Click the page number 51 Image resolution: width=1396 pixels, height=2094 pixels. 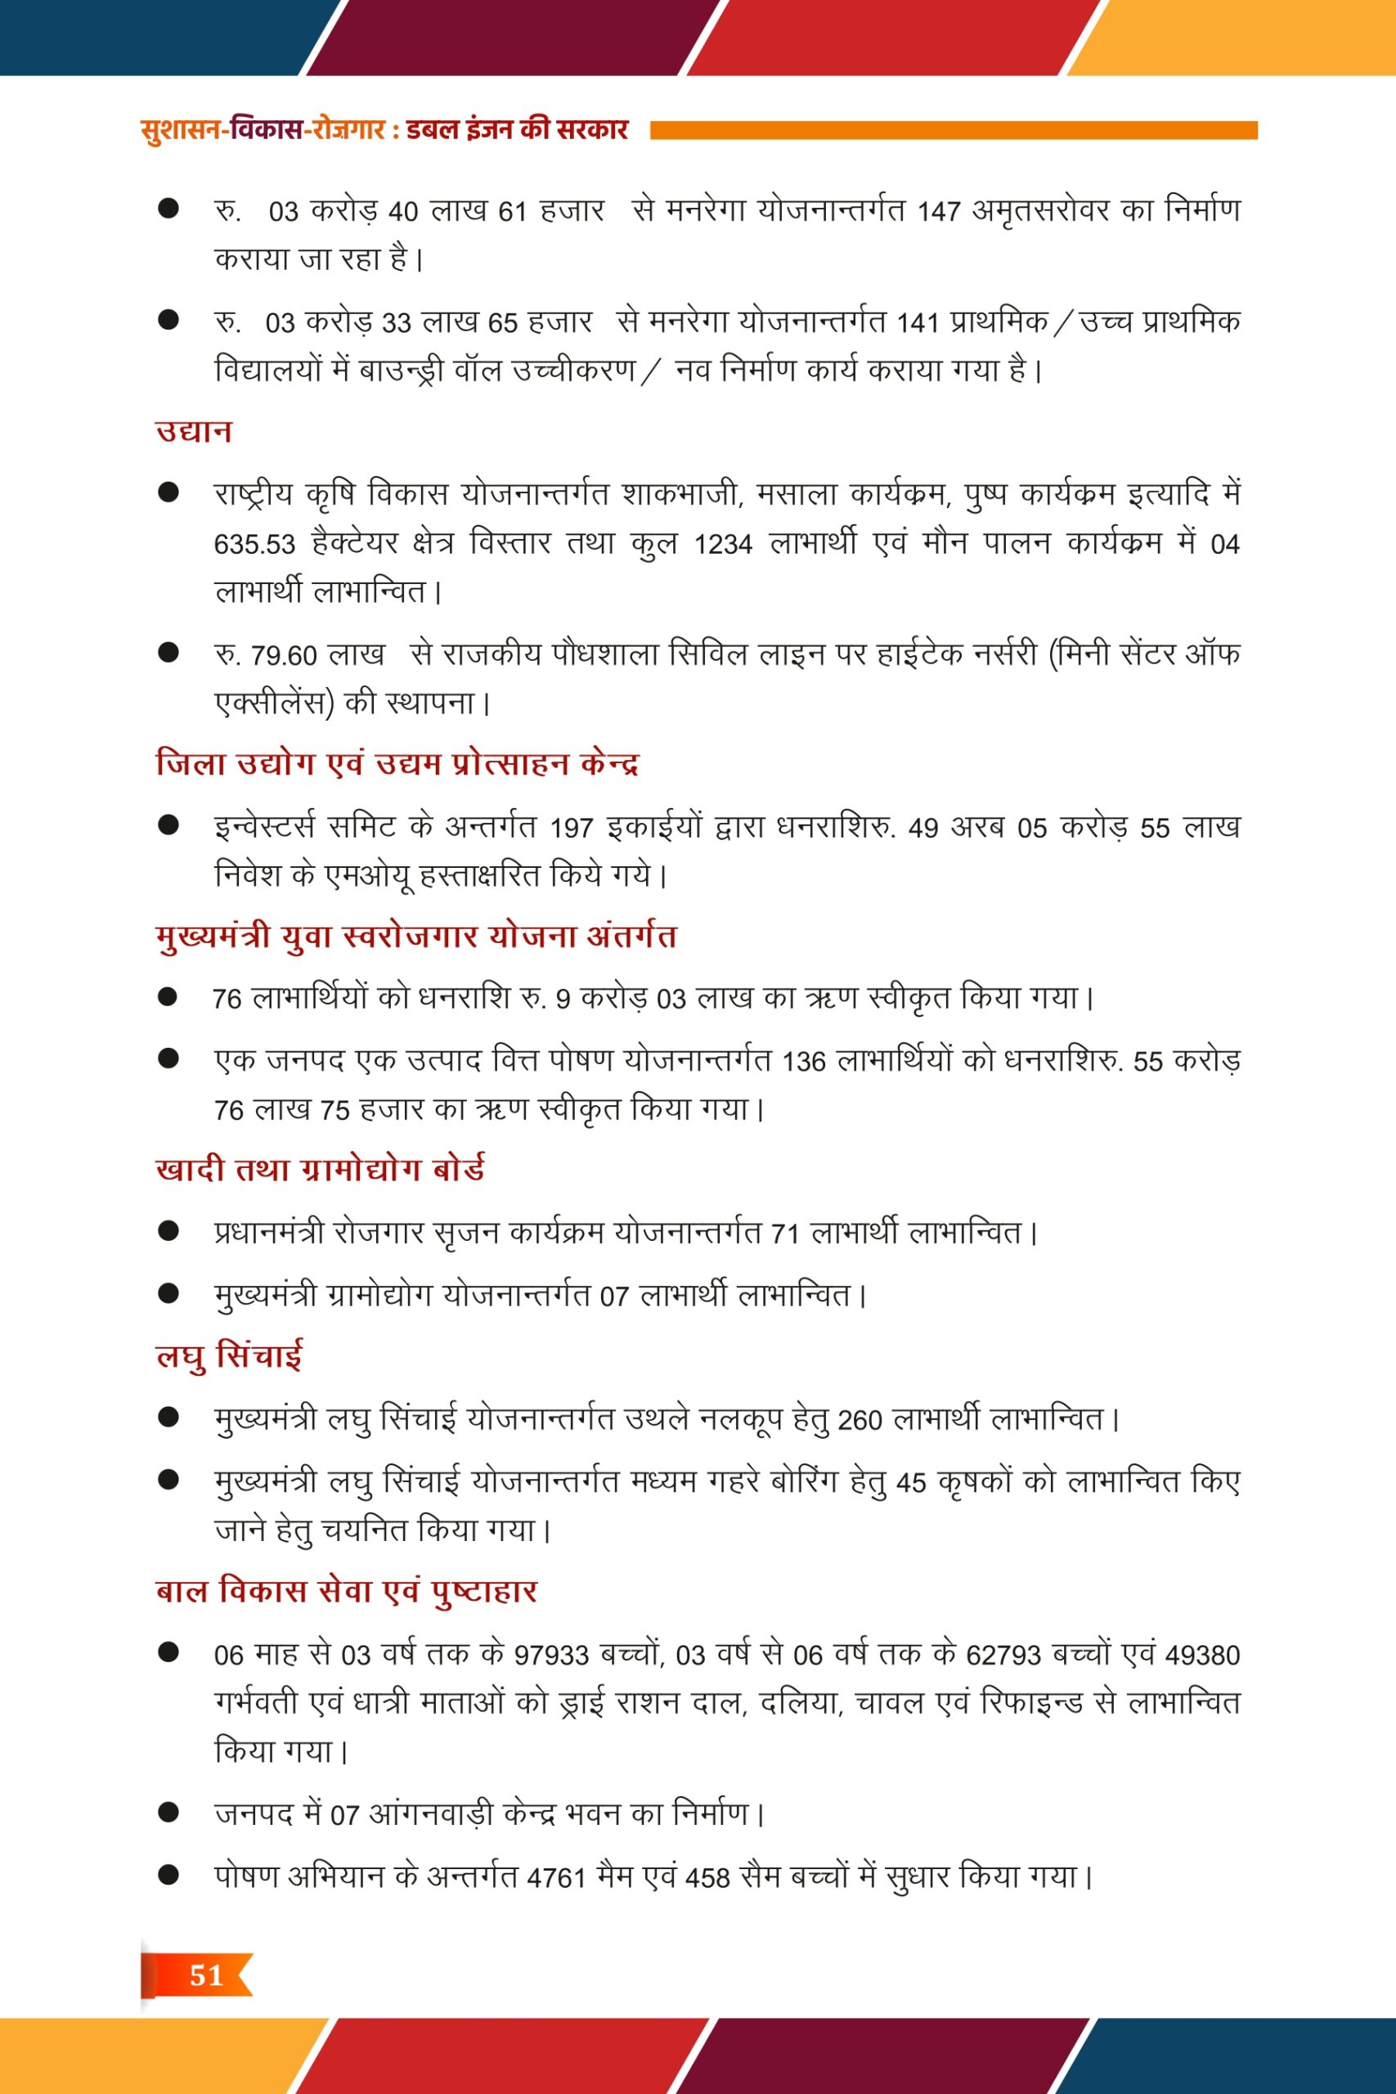205,1975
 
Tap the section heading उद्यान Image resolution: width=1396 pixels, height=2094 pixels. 194,431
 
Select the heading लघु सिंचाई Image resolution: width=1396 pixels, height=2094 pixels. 229,1356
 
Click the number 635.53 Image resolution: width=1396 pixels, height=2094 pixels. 254,543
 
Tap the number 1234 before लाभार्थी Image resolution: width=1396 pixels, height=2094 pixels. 723,543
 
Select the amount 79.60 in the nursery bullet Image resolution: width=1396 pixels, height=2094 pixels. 284,655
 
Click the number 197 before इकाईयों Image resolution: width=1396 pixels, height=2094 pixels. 572,828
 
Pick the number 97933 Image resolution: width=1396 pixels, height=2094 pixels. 552,1655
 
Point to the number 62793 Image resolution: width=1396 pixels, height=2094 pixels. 1003,1655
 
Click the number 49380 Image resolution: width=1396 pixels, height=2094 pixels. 1202,1655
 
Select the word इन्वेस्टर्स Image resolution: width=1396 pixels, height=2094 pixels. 264,827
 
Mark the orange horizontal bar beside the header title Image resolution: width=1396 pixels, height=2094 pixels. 953,131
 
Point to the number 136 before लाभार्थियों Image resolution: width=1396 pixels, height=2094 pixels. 804,1061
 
